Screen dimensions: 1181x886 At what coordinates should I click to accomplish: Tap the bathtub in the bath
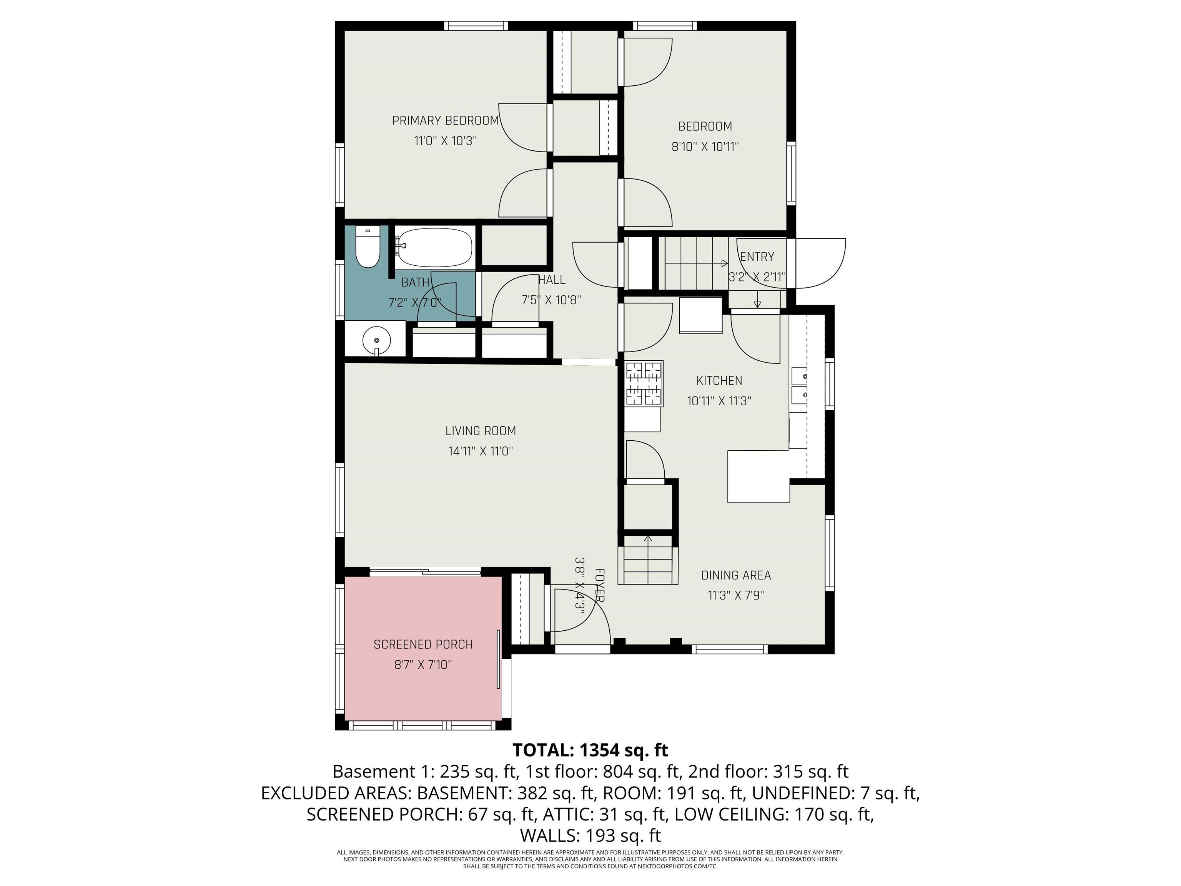coord(434,247)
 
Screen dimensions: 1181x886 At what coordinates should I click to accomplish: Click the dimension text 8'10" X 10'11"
coord(705,147)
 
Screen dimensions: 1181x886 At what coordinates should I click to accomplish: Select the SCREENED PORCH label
coord(423,645)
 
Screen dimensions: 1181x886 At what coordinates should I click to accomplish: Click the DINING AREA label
coord(736,575)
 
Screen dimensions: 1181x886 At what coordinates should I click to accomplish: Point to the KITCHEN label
coord(719,381)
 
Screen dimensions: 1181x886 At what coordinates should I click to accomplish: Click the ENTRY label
coord(757,257)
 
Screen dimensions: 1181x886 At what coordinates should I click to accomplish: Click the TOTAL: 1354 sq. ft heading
coord(590,750)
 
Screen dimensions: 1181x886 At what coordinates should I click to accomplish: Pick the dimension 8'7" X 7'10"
coord(423,665)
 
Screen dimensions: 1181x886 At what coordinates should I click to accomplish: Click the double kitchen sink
coord(799,386)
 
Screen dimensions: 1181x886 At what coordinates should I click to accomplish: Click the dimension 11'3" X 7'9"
coord(736,595)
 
